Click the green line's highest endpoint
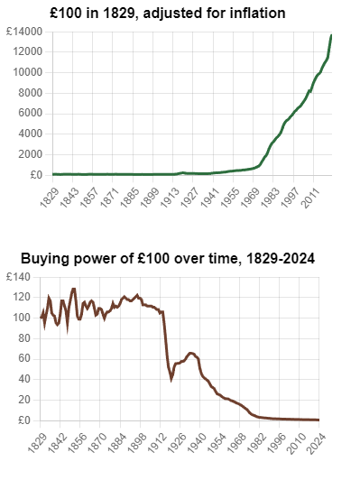tap(331, 35)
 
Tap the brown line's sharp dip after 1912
tap(171, 380)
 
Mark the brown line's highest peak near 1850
tap(74, 289)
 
